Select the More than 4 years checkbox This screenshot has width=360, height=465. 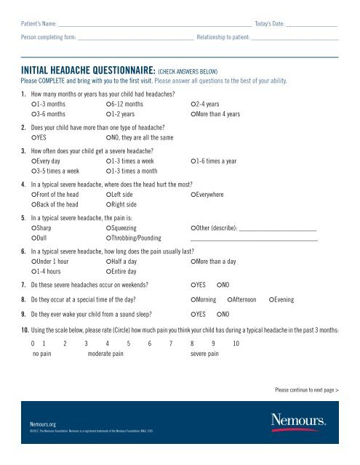pyautogui.click(x=193, y=115)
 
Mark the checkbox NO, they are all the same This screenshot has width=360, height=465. pyautogui.click(x=108, y=137)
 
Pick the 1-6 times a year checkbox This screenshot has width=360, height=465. pyautogui.click(x=193, y=160)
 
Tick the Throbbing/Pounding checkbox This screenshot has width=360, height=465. pyautogui.click(x=108, y=238)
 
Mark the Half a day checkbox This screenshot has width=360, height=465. pyautogui.click(x=108, y=260)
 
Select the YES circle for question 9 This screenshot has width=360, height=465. pyautogui.click(x=193, y=315)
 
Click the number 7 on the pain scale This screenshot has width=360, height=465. pyautogui.click(x=170, y=344)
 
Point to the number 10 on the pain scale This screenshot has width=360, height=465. pyautogui.click(x=236, y=344)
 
